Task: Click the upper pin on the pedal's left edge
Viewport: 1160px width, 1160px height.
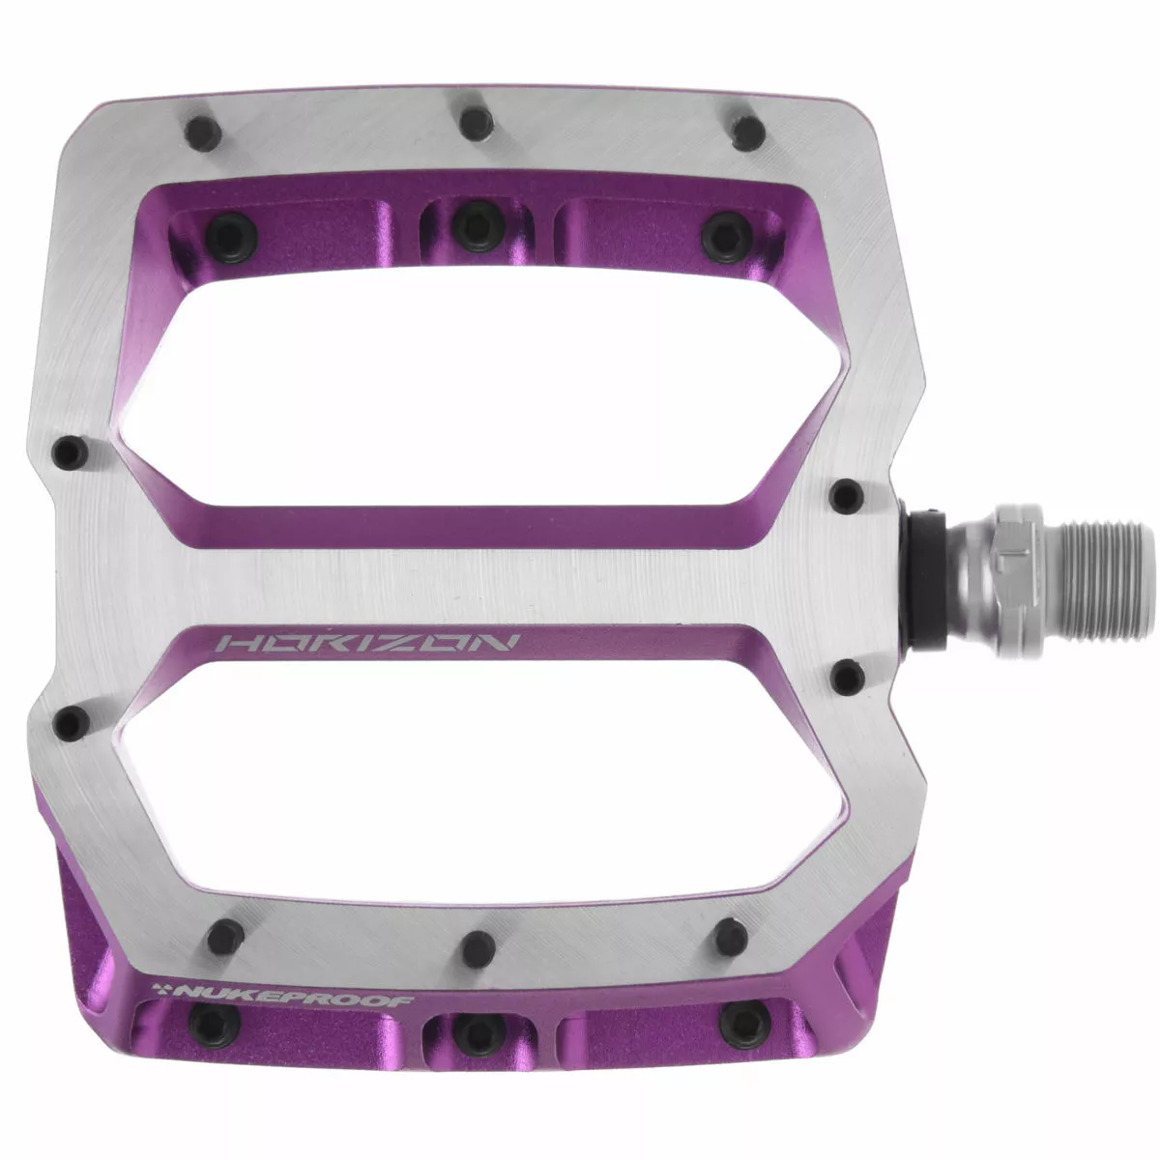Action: point(69,449)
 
